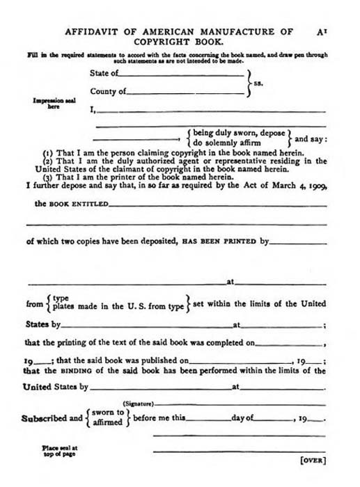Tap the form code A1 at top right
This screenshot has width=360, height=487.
(320, 31)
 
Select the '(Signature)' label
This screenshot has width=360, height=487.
(138, 404)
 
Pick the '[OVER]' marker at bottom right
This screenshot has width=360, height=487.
(313, 460)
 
